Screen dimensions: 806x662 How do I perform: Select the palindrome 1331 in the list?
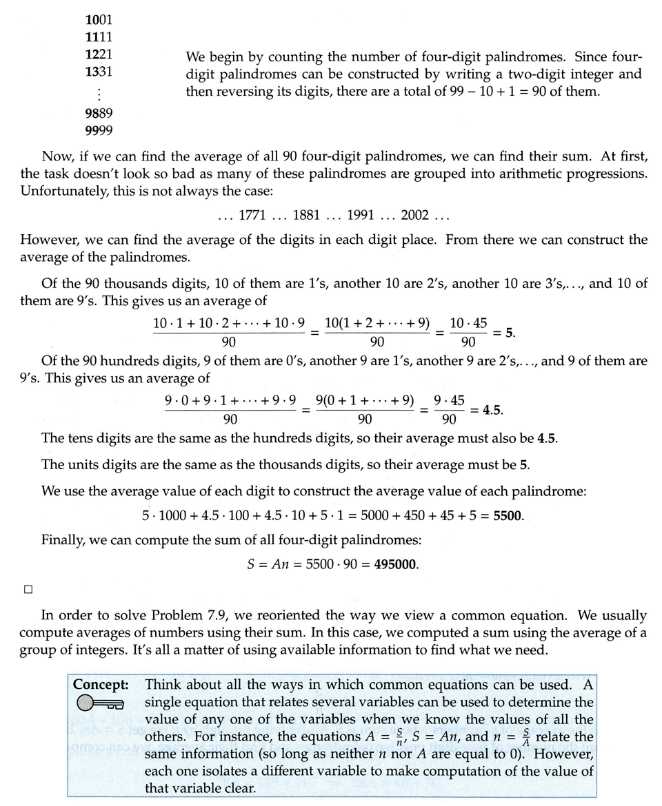point(98,71)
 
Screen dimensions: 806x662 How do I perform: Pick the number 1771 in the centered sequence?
point(252,216)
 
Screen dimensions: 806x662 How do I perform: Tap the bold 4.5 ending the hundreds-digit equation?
point(492,409)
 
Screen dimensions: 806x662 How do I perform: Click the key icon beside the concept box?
point(100,703)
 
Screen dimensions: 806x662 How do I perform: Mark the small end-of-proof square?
point(28,589)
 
